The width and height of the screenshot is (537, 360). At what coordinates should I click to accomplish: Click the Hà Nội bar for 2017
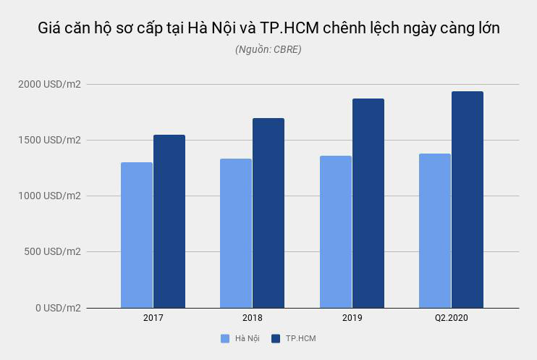click(137, 235)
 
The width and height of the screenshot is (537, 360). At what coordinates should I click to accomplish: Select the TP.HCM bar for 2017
click(169, 221)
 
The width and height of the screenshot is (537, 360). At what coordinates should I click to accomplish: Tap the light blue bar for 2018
click(236, 233)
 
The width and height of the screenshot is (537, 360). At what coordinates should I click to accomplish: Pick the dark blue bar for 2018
click(268, 213)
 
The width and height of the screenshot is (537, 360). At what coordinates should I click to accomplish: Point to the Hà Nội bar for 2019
click(336, 232)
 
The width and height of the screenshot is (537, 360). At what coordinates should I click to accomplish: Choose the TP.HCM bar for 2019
click(368, 203)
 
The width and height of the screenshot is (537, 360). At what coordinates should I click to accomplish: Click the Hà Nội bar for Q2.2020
click(435, 230)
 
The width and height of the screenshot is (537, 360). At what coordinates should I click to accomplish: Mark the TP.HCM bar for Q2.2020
click(468, 199)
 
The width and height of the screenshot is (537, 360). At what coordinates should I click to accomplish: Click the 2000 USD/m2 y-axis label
click(50, 84)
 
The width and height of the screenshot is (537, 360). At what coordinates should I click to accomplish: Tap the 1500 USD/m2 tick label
click(50, 140)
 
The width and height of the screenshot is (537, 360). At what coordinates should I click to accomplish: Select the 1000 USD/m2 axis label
click(50, 196)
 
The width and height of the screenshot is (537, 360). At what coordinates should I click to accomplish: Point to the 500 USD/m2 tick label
click(53, 251)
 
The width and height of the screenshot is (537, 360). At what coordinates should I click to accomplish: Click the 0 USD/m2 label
click(57, 308)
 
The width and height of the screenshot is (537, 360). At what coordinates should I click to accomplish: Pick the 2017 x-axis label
click(153, 318)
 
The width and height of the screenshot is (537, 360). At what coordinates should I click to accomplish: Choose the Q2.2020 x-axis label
click(452, 318)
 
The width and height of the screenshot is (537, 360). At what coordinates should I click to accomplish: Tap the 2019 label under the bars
click(352, 318)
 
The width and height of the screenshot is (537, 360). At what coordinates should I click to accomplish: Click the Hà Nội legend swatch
click(225, 338)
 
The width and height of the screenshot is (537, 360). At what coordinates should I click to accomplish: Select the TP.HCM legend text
click(300, 338)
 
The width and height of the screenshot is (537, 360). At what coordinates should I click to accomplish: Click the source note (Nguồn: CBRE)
click(268, 49)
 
